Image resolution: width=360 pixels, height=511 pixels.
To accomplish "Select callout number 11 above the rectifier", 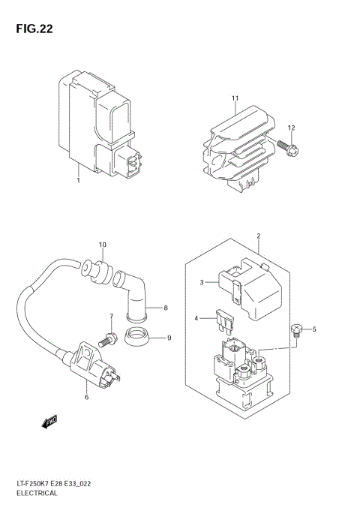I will tap(235, 98).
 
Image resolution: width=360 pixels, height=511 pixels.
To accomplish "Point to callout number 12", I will tap(292, 128).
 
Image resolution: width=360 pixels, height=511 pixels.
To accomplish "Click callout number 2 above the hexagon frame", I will tap(258, 236).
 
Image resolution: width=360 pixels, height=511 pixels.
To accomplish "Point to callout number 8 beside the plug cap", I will tap(166, 308).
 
